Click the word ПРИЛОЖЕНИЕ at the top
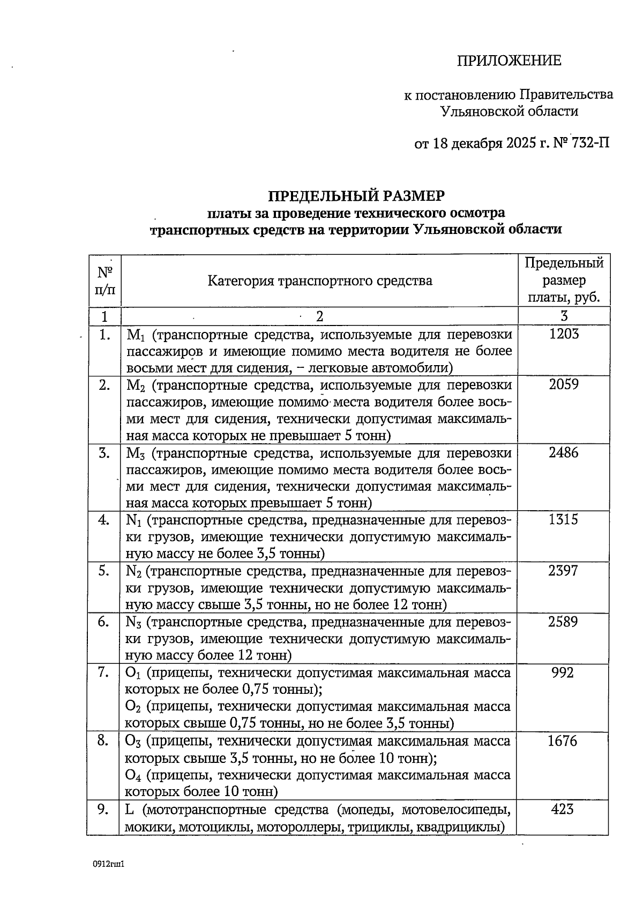point(509,60)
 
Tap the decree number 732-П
point(590,143)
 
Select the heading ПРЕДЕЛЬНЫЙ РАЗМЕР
point(356,195)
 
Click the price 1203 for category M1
point(564,334)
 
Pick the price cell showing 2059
point(564,384)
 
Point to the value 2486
point(564,453)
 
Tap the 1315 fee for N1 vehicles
point(564,520)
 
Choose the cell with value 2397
point(564,571)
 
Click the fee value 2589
point(564,622)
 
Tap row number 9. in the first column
point(104,809)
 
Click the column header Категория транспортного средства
point(319,281)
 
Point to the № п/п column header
point(104,281)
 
